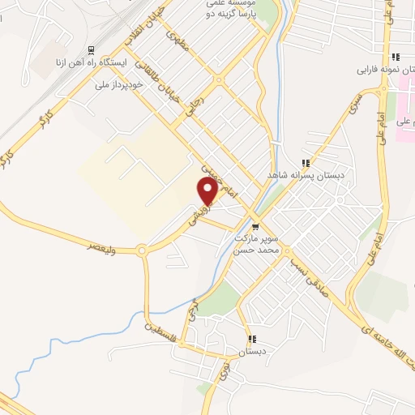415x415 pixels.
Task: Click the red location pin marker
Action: [207, 191]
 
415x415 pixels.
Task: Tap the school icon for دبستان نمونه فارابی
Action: [396, 57]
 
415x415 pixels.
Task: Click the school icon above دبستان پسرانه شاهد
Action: [306, 162]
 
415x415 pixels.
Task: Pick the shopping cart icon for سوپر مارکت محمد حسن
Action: [256, 226]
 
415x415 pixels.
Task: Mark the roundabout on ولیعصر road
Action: [143, 251]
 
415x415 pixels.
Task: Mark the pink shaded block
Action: [404, 121]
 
